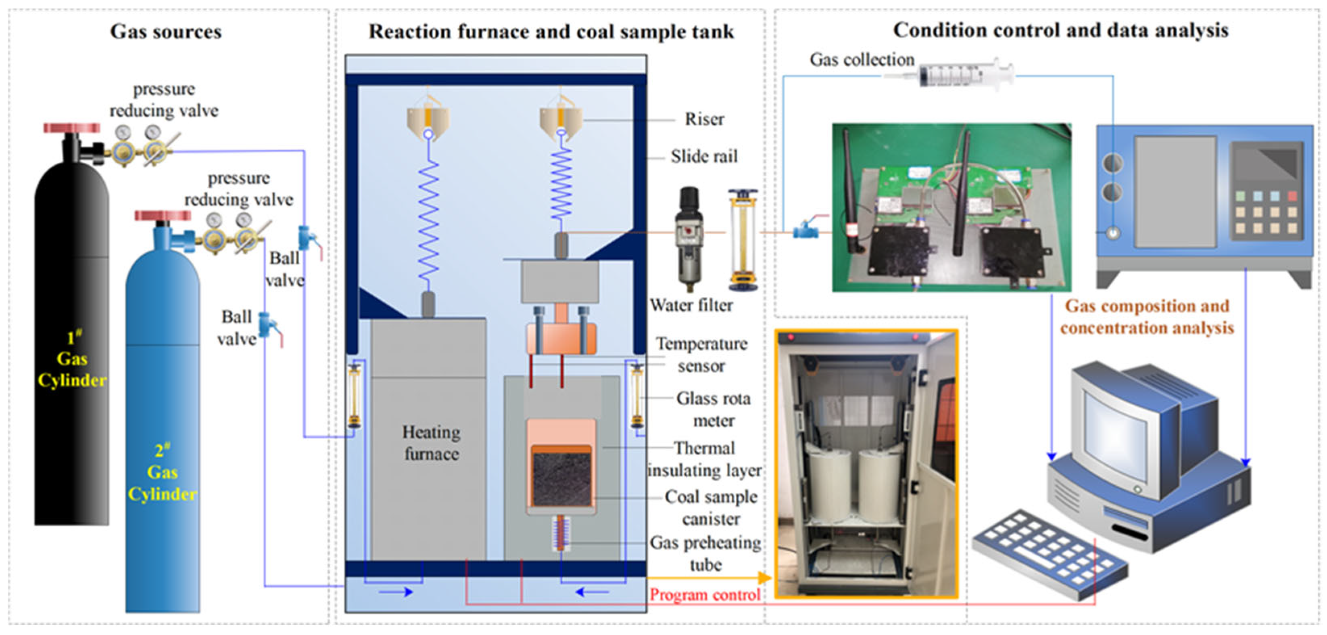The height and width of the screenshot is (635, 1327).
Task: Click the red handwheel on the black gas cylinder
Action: click(72, 128)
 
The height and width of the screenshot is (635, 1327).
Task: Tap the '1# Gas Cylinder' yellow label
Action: click(72, 359)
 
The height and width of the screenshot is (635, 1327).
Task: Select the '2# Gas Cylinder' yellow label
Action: click(162, 473)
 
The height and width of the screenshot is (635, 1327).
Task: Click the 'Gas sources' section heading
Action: click(166, 31)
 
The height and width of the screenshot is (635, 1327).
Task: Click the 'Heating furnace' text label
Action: click(431, 443)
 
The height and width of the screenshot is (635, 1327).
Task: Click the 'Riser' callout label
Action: click(704, 119)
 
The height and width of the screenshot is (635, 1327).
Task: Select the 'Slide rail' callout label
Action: click(704, 156)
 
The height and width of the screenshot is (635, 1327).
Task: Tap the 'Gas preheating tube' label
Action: click(705, 553)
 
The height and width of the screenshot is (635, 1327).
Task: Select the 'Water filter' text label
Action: click(691, 305)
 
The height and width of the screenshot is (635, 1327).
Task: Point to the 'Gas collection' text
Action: click(862, 60)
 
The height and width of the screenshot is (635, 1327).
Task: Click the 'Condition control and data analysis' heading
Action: click(1061, 30)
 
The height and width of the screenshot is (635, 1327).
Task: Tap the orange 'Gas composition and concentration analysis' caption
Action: click(1147, 317)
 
